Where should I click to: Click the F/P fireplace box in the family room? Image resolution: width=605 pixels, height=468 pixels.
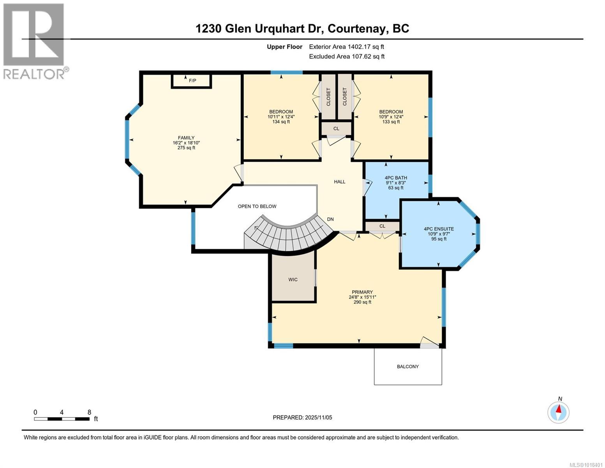[x=192, y=81]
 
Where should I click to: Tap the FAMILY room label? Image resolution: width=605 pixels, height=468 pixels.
[x=186, y=138]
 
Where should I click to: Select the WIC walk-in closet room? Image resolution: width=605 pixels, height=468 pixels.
[x=293, y=279]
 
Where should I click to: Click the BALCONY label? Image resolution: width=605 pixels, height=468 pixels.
[x=408, y=367]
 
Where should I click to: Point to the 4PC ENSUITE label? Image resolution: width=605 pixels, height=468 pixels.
[x=439, y=229]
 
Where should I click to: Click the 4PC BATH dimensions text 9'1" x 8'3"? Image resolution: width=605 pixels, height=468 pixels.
[x=396, y=183]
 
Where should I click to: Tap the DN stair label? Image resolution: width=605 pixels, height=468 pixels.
[x=330, y=219]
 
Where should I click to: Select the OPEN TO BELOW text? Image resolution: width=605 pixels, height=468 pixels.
[x=257, y=206]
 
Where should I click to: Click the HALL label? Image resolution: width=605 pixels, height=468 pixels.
[x=340, y=182]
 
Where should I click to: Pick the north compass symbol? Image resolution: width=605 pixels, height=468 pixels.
[x=558, y=412]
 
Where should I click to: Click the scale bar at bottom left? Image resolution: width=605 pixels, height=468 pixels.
[x=62, y=419]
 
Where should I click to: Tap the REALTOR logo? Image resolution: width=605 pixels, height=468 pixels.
[x=35, y=41]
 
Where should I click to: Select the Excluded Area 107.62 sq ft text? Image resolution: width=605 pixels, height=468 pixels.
[x=346, y=57]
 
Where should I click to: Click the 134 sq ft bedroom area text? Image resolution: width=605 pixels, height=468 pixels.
[x=281, y=122]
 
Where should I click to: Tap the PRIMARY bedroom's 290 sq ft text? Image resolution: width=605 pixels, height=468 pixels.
[x=362, y=302]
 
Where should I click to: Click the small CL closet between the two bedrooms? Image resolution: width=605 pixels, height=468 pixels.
[x=336, y=129]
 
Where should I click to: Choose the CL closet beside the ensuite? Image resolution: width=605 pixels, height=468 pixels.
[x=382, y=226]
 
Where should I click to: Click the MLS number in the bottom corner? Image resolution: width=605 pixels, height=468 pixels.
[x=586, y=464]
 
